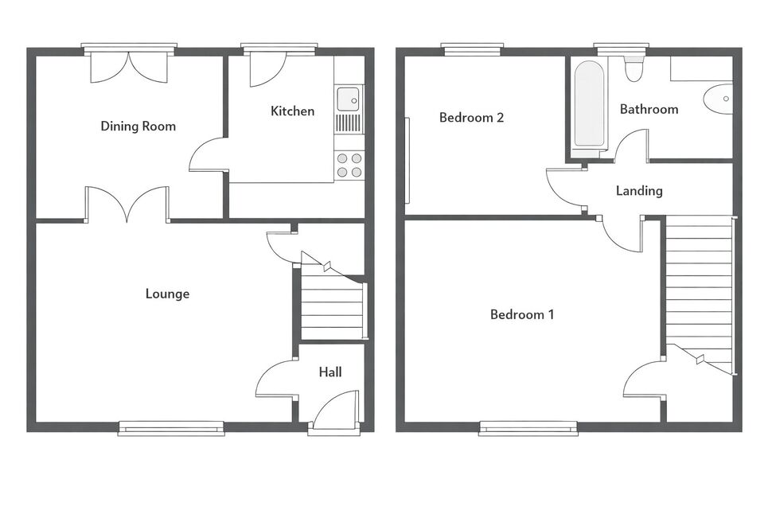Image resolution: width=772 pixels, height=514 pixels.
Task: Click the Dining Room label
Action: pyautogui.click(x=138, y=126)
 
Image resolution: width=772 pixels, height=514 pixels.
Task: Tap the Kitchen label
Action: pyautogui.click(x=292, y=111)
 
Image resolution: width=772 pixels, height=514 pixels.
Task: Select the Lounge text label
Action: pyautogui.click(x=167, y=294)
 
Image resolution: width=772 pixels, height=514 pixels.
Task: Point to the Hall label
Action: pyautogui.click(x=329, y=372)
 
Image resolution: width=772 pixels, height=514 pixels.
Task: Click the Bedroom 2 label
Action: pyautogui.click(x=471, y=118)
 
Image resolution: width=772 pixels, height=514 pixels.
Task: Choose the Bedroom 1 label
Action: pyautogui.click(x=522, y=314)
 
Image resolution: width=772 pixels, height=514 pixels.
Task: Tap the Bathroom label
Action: pyautogui.click(x=649, y=109)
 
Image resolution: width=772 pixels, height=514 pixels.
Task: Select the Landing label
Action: pyautogui.click(x=639, y=190)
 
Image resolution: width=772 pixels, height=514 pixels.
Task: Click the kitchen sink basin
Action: pyautogui.click(x=349, y=99)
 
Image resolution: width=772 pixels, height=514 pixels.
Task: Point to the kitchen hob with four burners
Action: pyautogui.click(x=349, y=165)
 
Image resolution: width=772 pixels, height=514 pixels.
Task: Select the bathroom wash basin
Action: pyautogui.click(x=719, y=99)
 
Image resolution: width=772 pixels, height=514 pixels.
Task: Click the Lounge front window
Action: pyautogui.click(x=171, y=428)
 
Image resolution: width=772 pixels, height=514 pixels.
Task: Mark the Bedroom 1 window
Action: pyautogui.click(x=528, y=428)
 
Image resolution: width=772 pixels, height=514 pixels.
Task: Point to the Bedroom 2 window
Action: pyautogui.click(x=473, y=49)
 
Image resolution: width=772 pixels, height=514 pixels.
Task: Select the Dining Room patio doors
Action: pyautogui.click(x=130, y=68)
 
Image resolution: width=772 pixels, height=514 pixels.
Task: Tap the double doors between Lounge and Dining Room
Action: pyautogui.click(x=127, y=204)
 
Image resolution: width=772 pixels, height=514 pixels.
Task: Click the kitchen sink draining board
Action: pyautogui.click(x=349, y=123)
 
